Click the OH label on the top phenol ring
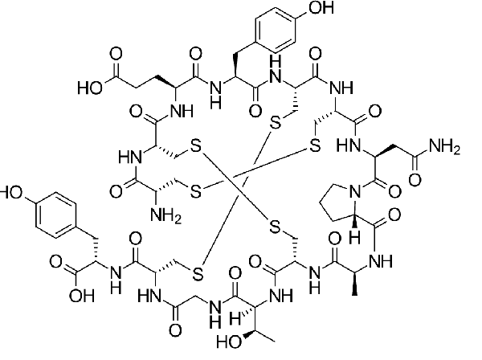pyautogui.click(x=321, y=7)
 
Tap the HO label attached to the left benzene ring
pyautogui.click(x=11, y=193)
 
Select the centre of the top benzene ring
pyautogui.click(x=275, y=29)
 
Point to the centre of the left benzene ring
pyautogui.click(x=55, y=215)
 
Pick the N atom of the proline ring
pyautogui.click(x=355, y=192)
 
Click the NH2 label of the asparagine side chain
pyautogui.click(x=444, y=145)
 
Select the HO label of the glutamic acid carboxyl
pyautogui.click(x=90, y=88)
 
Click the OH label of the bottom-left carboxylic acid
pyautogui.click(x=81, y=296)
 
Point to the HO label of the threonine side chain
pyautogui.click(x=229, y=342)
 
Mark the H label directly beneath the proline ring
pyautogui.click(x=355, y=238)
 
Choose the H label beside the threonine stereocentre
pyautogui.click(x=235, y=318)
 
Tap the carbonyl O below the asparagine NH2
pyautogui.click(x=415, y=180)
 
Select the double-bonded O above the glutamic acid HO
pyautogui.click(x=116, y=54)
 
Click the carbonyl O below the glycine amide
pyautogui.click(x=175, y=330)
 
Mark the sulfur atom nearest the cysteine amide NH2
pyautogui.click(x=196, y=191)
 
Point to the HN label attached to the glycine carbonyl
pyautogui.click(x=149, y=297)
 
